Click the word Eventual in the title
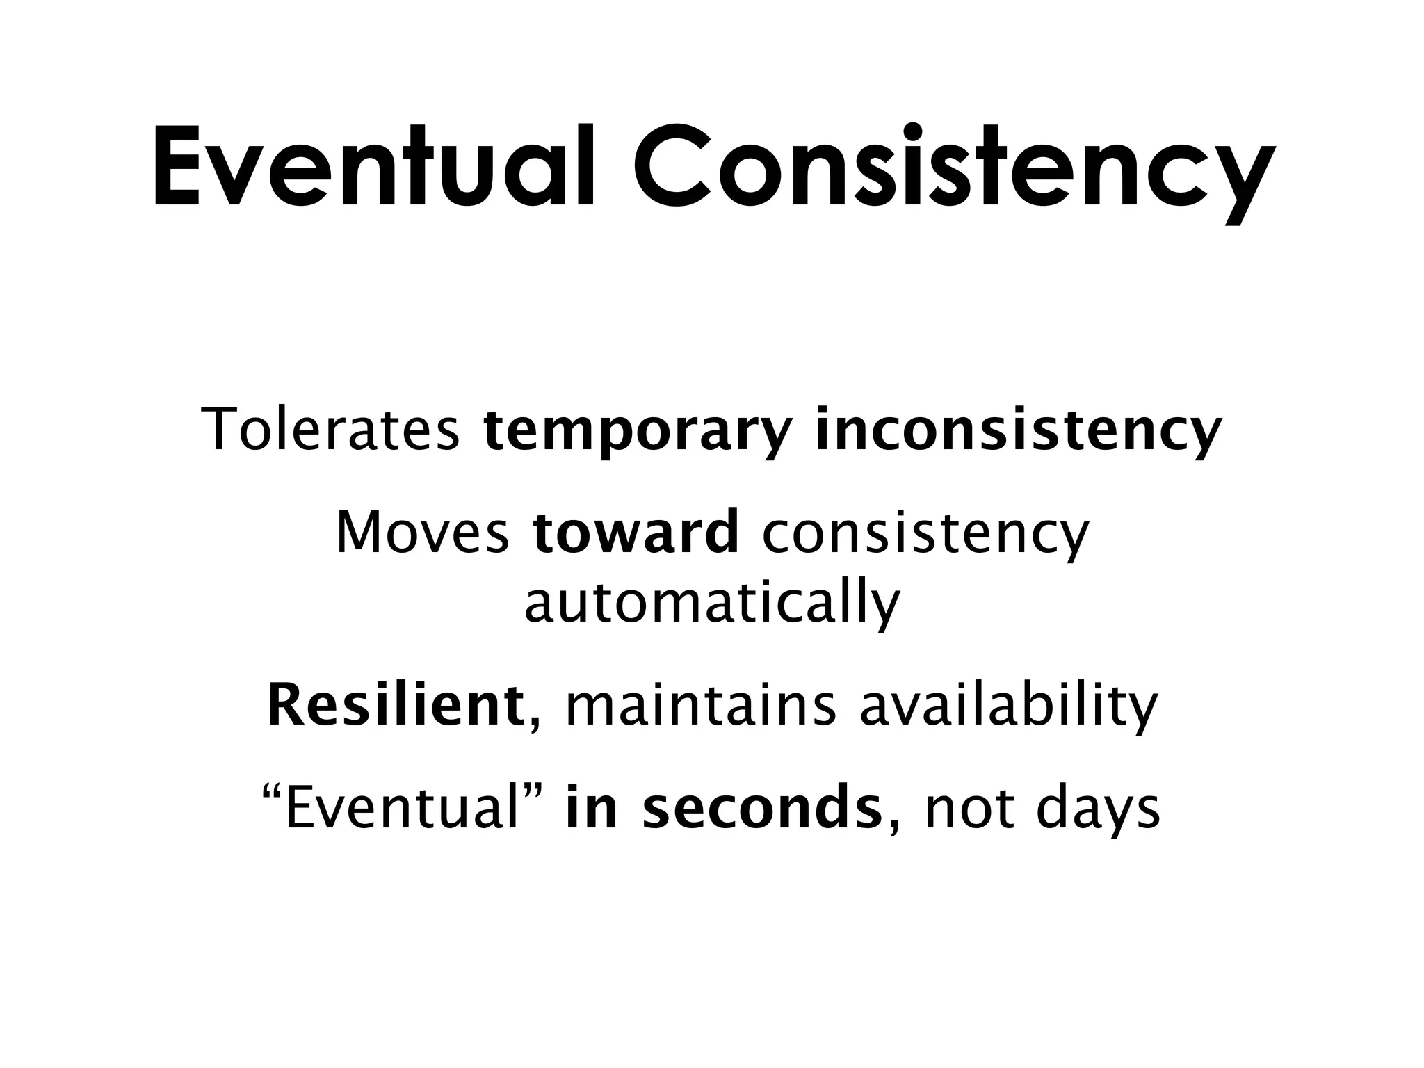pyautogui.click(x=373, y=167)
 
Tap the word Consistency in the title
pyautogui.click(x=953, y=167)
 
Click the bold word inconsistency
pyautogui.click(x=1018, y=431)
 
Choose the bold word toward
pyautogui.click(x=636, y=532)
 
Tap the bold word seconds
pyautogui.click(x=762, y=809)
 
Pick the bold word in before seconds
pyautogui.click(x=591, y=809)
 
